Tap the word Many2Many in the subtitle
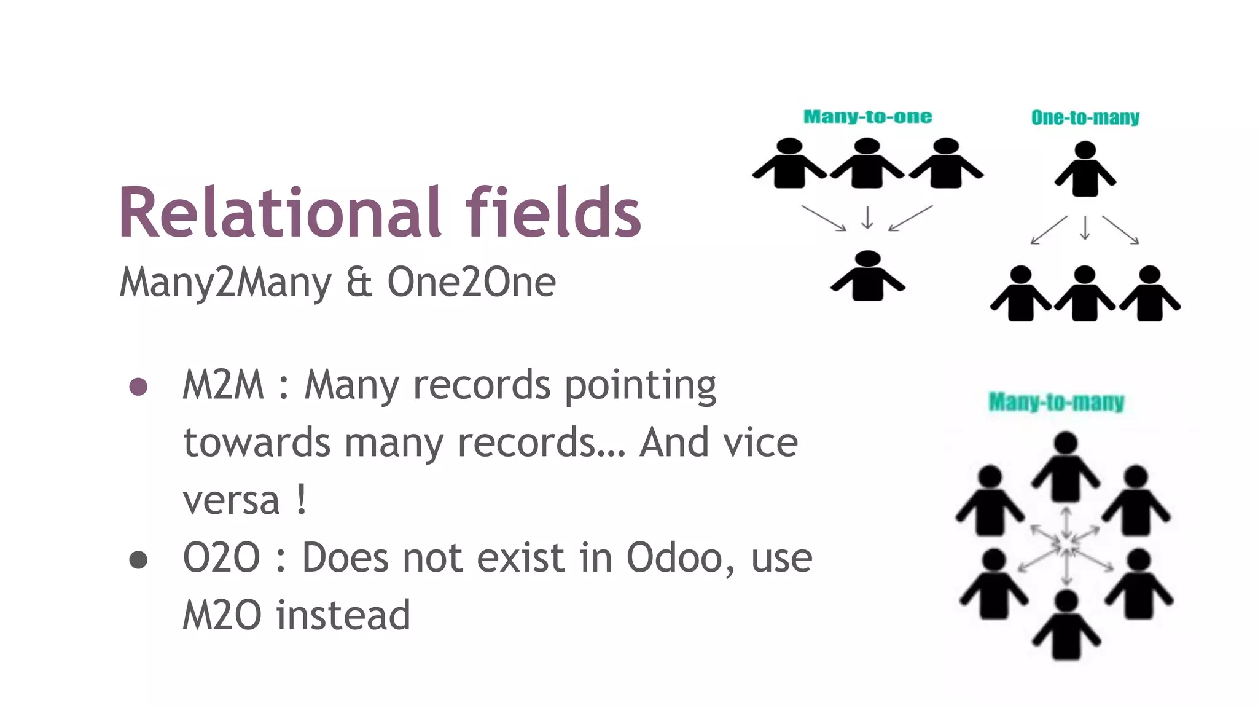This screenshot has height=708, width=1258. [x=225, y=283]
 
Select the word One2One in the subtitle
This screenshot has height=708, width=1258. [x=471, y=283]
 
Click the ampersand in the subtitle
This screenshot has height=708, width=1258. [x=359, y=283]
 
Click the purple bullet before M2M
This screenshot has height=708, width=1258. [x=138, y=387]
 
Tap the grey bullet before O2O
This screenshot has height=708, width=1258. [x=138, y=560]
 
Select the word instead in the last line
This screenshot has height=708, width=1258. [x=343, y=615]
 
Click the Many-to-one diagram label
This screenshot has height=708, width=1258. [x=867, y=117]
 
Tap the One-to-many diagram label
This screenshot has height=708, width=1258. [x=1085, y=117]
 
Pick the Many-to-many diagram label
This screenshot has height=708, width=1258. [x=1056, y=402]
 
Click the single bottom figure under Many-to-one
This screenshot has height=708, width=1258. [x=867, y=277]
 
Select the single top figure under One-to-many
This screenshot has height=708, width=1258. [x=1085, y=169]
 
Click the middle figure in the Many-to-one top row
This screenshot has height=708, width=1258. [x=867, y=164]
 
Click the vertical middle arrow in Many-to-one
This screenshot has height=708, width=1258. [x=867, y=217]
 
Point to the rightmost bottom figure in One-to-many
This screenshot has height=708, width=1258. [x=1149, y=294]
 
